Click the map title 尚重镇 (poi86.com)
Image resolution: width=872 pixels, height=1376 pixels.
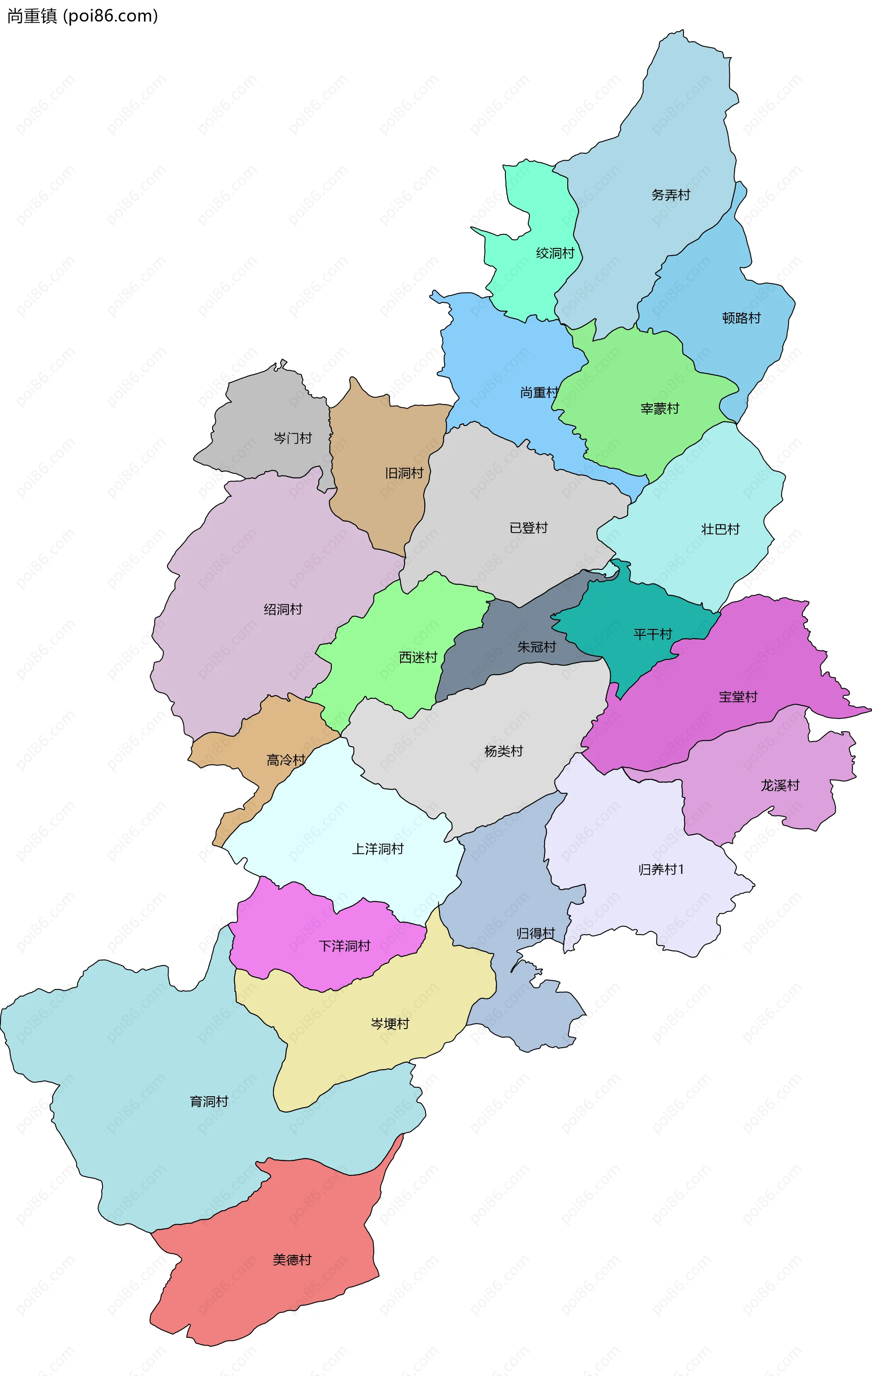click(x=82, y=16)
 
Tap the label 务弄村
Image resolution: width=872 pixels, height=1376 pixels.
click(x=670, y=195)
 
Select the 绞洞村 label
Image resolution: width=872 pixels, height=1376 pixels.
click(x=554, y=253)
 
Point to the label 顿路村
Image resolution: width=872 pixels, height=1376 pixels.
click(x=741, y=318)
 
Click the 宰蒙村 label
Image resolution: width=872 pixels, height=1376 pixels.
click(x=659, y=409)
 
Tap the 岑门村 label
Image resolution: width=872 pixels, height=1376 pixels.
click(x=292, y=438)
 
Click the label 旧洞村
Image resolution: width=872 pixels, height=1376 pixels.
click(x=404, y=473)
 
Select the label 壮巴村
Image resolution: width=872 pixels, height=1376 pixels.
click(x=720, y=529)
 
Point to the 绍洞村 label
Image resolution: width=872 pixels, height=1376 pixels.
click(x=283, y=610)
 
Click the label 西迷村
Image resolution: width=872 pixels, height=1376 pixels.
click(x=418, y=658)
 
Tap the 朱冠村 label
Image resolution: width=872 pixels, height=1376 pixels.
click(x=536, y=647)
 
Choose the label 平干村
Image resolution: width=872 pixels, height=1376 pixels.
click(x=653, y=634)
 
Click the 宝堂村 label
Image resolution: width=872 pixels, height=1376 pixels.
click(x=738, y=697)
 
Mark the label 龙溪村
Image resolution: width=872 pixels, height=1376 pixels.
click(x=779, y=786)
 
